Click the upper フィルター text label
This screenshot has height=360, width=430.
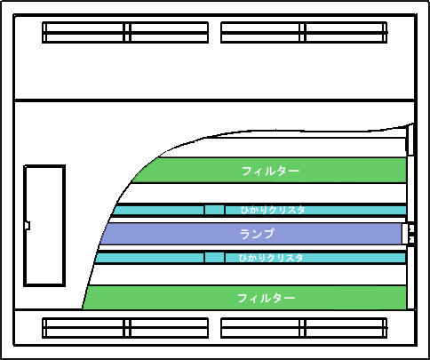271,171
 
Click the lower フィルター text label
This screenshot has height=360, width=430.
267,298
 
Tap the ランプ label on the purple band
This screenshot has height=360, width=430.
257,234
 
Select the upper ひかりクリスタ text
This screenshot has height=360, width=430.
273,210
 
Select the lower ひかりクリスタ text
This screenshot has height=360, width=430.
271,258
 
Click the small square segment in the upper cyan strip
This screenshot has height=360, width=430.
214,210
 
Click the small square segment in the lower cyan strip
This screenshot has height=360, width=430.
214,257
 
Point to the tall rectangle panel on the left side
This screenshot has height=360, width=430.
44,226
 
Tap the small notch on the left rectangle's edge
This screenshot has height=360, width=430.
28,226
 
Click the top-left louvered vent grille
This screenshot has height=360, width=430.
125,32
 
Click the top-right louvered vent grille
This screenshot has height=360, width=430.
304,32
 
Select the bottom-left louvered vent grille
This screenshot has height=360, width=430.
125,328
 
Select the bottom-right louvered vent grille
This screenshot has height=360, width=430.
304,328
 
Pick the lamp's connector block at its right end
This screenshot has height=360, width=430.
408,234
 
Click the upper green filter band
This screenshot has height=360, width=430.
269,171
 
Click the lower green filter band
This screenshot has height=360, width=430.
244,298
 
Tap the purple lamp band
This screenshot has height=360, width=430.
251,234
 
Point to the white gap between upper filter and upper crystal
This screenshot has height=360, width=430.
265,193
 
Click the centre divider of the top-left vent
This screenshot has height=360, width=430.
127,32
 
